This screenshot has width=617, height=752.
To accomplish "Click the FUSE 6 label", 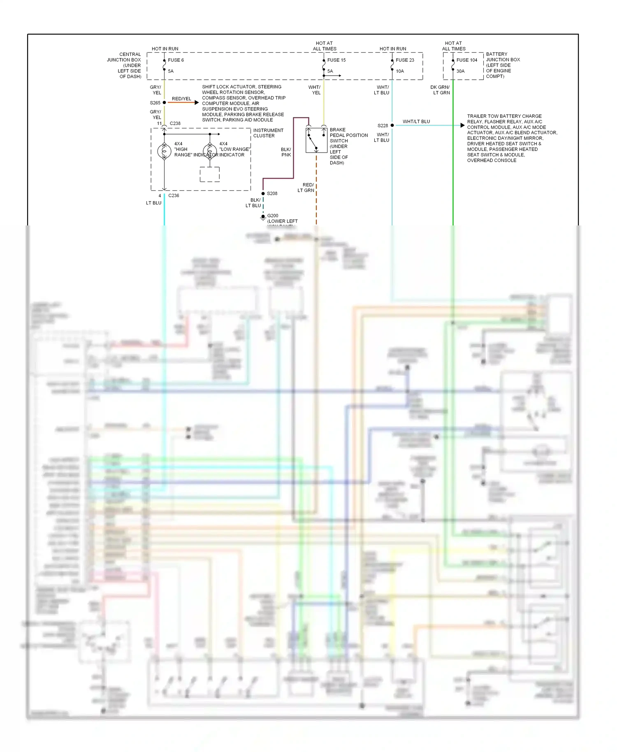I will pyautogui.click(x=176, y=60).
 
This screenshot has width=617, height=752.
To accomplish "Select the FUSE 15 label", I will pyautogui.click(x=336, y=60).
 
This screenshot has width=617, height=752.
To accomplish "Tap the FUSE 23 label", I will pyautogui.click(x=405, y=60).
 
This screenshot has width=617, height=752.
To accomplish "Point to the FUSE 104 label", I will pyautogui.click(x=467, y=60).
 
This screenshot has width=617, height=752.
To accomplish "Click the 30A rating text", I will pyautogui.click(x=460, y=71).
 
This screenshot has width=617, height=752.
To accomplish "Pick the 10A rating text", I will pyautogui.click(x=400, y=71).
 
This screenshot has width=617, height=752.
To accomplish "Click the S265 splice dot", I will pyautogui.click(x=164, y=102).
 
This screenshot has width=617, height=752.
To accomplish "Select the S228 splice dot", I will pyautogui.click(x=392, y=125).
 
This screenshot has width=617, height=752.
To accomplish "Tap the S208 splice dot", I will pyautogui.click(x=263, y=193).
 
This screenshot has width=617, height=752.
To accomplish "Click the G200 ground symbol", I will pyautogui.click(x=263, y=217).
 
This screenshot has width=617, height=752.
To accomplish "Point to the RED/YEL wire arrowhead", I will pyautogui.click(x=197, y=102).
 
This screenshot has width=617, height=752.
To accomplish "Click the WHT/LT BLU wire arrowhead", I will pyautogui.click(x=462, y=125).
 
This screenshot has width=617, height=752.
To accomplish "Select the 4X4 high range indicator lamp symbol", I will pyautogui.click(x=164, y=151).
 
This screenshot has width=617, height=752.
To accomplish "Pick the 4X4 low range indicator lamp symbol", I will pyautogui.click(x=210, y=151).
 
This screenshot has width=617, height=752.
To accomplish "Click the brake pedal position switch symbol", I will pyautogui.click(x=316, y=140).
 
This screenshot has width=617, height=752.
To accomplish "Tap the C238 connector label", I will pyautogui.click(x=175, y=123).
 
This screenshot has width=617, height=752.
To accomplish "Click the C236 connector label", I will pyautogui.click(x=174, y=195).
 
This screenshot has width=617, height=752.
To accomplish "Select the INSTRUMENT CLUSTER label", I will pyautogui.click(x=268, y=133).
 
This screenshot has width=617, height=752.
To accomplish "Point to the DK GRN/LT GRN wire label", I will pyautogui.click(x=440, y=90).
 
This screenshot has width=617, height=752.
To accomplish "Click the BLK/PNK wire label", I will pyautogui.click(x=286, y=152).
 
